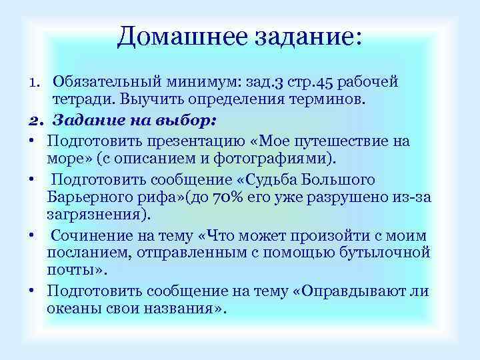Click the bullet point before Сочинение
[32, 236]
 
